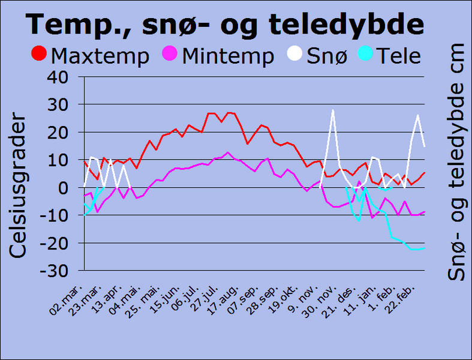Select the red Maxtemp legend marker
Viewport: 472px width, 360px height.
click(x=39, y=55)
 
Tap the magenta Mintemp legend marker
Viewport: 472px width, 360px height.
click(x=171, y=55)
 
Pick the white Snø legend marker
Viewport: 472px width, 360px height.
click(x=295, y=55)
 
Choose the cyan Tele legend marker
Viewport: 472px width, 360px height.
click(x=366, y=55)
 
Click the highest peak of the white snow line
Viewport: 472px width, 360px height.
click(x=332, y=110)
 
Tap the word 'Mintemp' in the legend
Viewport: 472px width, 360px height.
click(x=228, y=56)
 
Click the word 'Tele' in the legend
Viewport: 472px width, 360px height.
click(x=399, y=56)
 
